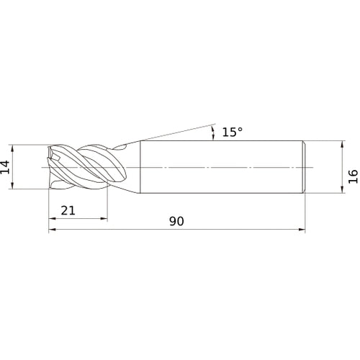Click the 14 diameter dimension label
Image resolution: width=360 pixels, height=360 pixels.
pos(5,167)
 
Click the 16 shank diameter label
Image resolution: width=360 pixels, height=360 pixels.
pos(353,176)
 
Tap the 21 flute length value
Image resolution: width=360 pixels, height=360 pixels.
pos(68,211)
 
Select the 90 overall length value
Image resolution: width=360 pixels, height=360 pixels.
pos(176,221)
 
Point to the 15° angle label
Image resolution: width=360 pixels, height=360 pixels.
pos(233,132)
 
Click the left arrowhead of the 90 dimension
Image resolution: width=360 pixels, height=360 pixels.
pos(52,230)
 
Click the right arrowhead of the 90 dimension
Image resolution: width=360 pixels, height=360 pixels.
pos(302,230)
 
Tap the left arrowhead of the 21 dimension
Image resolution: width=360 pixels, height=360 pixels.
pos(52,218)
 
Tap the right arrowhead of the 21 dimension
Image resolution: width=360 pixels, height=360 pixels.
pos(104,218)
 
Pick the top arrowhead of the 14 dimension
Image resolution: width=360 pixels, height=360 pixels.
pos(12,148)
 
